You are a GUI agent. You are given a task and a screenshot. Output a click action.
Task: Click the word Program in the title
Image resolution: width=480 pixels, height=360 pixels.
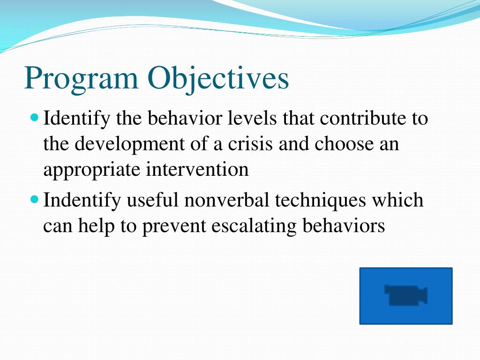pos(81,79)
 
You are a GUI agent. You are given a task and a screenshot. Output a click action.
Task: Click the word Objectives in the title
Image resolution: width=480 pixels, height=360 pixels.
pos(218,79)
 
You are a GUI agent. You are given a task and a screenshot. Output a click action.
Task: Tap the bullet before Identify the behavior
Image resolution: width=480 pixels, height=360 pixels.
pos(35,117)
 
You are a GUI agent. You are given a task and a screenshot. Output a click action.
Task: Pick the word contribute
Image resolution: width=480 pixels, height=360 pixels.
pos(363,118)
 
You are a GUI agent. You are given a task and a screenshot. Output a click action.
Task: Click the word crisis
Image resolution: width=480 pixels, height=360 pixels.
pos(250,144)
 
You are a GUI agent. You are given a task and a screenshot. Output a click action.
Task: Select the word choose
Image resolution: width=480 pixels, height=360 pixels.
pos(344,144)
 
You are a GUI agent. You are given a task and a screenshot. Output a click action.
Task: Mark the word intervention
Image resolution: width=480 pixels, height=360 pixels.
pos(197,169)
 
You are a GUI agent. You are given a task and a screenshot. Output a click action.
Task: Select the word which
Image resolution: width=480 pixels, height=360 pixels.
pos(397,200)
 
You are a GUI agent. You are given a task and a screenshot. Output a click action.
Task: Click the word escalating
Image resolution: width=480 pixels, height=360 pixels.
pos(254,227)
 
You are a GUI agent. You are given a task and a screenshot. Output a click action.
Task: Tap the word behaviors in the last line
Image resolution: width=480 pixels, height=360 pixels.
pos(344,226)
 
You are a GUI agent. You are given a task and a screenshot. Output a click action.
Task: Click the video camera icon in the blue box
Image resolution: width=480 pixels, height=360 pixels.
pos(406,295)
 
